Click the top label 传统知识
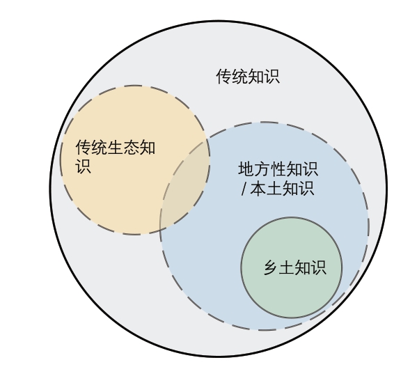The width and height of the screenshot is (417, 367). point(248,77)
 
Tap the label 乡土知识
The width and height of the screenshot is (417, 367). point(295,267)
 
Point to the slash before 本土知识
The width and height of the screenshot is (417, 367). point(244,188)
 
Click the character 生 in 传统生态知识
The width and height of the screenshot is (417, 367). point(116,148)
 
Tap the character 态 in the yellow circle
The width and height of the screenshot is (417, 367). point(132,148)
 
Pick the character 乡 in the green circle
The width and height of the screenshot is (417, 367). point(271,267)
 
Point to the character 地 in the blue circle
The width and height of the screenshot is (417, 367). point(246,169)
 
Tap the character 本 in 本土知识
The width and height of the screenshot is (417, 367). point(258,188)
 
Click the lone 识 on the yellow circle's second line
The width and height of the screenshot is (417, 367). point(84,166)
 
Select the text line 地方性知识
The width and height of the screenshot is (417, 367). point(278,169)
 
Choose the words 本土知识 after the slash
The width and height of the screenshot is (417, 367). point(282,188)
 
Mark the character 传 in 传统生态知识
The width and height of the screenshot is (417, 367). point(84,148)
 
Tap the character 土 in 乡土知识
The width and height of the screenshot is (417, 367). point(287,267)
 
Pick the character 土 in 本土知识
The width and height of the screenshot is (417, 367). point(274,188)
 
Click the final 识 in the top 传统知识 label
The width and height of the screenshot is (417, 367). point(272,77)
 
